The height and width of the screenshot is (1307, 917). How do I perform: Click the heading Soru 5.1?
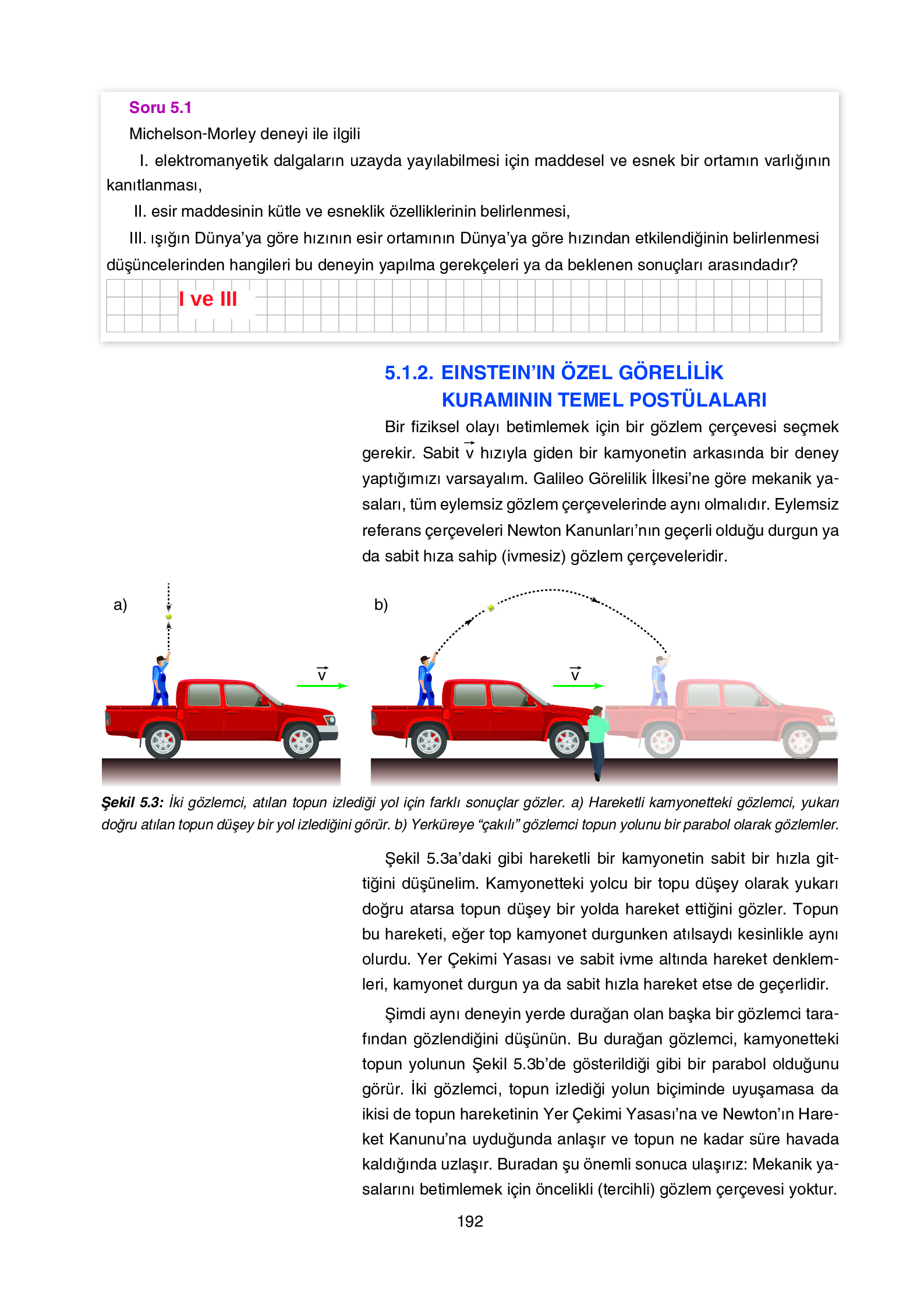coord(160,108)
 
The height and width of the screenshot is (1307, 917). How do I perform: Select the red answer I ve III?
coord(208,299)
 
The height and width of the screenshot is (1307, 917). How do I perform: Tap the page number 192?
coord(470,1221)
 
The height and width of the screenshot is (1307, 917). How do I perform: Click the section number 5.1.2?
coord(409,373)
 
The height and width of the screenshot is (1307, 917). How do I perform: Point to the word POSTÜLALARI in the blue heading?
coord(698,400)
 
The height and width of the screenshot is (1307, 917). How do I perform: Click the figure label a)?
coord(120,605)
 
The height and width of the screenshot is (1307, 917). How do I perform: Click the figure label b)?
coord(381,605)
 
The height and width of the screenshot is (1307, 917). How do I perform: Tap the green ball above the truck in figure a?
coord(169,616)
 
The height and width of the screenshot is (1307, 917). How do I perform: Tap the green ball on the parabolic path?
coord(491,608)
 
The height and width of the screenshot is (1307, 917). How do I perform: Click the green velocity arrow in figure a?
coord(321,686)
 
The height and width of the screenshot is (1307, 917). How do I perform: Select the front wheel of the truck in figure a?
coord(301,741)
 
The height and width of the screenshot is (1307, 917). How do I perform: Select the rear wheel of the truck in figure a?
coord(163,741)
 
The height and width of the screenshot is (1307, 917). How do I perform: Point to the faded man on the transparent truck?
coord(659,681)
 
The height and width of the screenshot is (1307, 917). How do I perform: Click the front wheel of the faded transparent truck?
coord(800,741)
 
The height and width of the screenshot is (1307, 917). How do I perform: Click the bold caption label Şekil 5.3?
coord(132,803)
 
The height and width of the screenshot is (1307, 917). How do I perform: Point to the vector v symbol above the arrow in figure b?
coord(575,674)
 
